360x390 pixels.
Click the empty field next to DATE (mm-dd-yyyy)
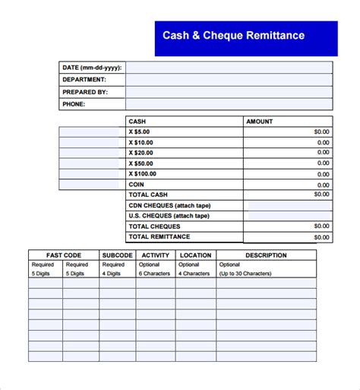pyautogui.click(x=229, y=68)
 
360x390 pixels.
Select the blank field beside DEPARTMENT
pyautogui.click(x=229, y=80)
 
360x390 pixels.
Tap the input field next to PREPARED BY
pyautogui.click(x=229, y=92)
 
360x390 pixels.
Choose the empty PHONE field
pyautogui.click(x=229, y=104)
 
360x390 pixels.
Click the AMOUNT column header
pyautogui.click(x=259, y=122)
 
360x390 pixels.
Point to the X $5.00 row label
pyautogui.click(x=141, y=132)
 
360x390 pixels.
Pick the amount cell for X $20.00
pyautogui.click(x=287, y=153)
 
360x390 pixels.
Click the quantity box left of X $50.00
pyautogui.click(x=92, y=163)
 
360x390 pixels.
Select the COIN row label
pyautogui.click(x=137, y=184)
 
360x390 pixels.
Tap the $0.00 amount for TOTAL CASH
pyautogui.click(x=321, y=195)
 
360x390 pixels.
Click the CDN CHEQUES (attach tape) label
pyautogui.click(x=169, y=205)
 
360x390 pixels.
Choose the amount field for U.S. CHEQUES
pyautogui.click(x=287, y=216)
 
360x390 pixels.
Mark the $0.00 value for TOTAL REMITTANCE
pyautogui.click(x=321, y=237)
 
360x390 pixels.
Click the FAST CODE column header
pyautogui.click(x=63, y=255)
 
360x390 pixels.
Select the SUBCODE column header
pyautogui.click(x=117, y=255)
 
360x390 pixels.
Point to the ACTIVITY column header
pyautogui.click(x=155, y=255)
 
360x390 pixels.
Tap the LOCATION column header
pyautogui.click(x=195, y=255)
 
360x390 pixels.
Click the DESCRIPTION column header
pyautogui.click(x=266, y=255)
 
